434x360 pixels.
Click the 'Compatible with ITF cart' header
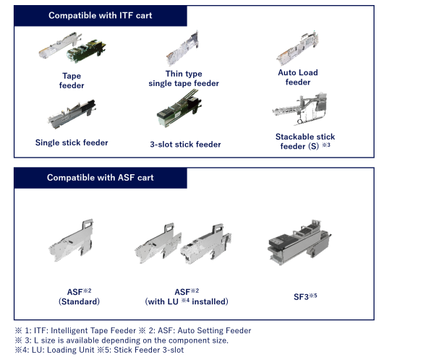point(99,16)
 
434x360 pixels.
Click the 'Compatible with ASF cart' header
point(101,178)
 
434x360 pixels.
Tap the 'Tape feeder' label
point(71,80)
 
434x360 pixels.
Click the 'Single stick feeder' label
point(72,142)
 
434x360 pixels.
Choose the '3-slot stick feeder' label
point(185,144)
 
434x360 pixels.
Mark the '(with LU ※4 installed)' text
point(188,301)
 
